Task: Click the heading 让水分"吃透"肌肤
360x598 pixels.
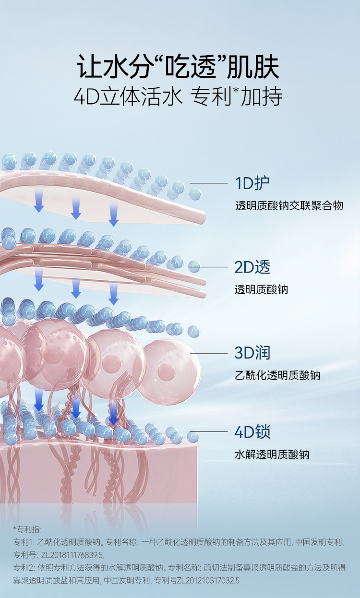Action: (x=178, y=67)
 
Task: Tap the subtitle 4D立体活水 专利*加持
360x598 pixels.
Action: (x=178, y=97)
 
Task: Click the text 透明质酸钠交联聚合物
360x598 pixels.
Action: (x=289, y=206)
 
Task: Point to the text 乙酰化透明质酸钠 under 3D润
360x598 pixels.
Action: (x=277, y=375)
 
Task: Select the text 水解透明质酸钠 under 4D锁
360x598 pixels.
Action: (x=272, y=454)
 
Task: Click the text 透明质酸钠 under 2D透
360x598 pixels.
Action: (x=261, y=290)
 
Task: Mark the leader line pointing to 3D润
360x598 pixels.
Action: (x=210, y=354)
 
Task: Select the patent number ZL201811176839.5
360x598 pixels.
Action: (x=72, y=555)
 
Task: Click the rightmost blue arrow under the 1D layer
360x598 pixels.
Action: (x=113, y=215)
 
